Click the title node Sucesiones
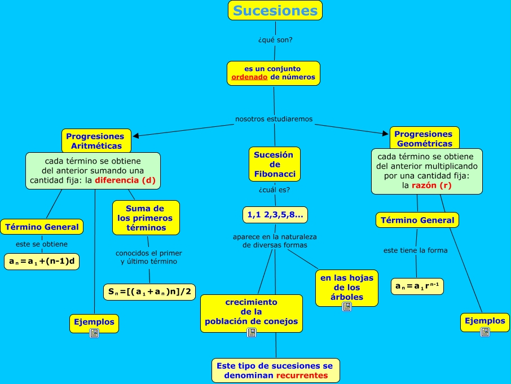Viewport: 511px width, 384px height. [275, 11]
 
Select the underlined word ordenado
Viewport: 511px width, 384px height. [249, 77]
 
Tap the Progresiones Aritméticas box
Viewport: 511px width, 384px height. [95, 140]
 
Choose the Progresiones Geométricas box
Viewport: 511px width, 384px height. [424, 138]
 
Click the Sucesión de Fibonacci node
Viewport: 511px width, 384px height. [274, 164]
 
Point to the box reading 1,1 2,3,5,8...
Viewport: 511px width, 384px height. [275, 214]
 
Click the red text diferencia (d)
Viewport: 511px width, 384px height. [125, 180]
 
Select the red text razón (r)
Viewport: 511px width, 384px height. [431, 185]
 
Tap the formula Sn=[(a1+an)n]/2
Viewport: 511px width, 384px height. [149, 292]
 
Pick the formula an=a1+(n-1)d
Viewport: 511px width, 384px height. [42, 262]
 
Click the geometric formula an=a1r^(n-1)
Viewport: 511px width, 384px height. [417, 286]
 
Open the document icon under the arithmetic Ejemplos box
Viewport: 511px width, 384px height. [94, 333]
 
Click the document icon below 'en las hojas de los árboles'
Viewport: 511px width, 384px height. [347, 307]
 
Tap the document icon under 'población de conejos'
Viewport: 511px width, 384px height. [252, 333]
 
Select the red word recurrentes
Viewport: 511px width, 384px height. [302, 376]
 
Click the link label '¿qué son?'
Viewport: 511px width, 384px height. [275, 40]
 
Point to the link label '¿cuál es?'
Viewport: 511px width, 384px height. [274, 190]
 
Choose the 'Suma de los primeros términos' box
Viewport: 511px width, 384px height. [146, 218]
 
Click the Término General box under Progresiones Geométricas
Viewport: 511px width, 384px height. [417, 220]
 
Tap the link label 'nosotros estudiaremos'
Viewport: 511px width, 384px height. [274, 119]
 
